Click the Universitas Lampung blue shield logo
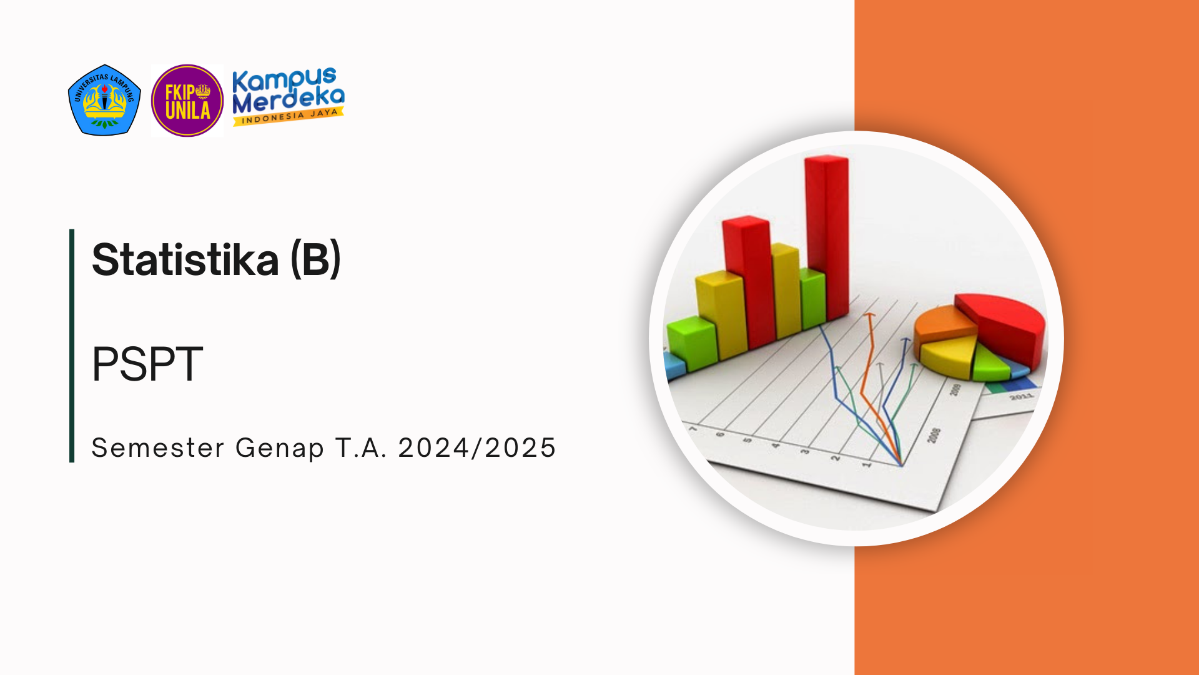coord(104,100)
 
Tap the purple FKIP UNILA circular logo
coord(187,100)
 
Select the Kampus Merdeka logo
coord(288,97)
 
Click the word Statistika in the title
coord(185,259)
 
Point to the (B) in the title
coord(316,259)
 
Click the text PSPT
coord(147,364)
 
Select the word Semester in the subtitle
coord(158,447)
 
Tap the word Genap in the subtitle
coord(280,449)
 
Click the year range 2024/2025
coord(477,447)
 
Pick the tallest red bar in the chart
coord(827,237)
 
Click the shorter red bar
coord(749,281)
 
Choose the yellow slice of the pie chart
coord(948,356)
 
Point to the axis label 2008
coord(934,436)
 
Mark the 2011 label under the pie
coord(1022,397)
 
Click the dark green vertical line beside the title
coord(72,346)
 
